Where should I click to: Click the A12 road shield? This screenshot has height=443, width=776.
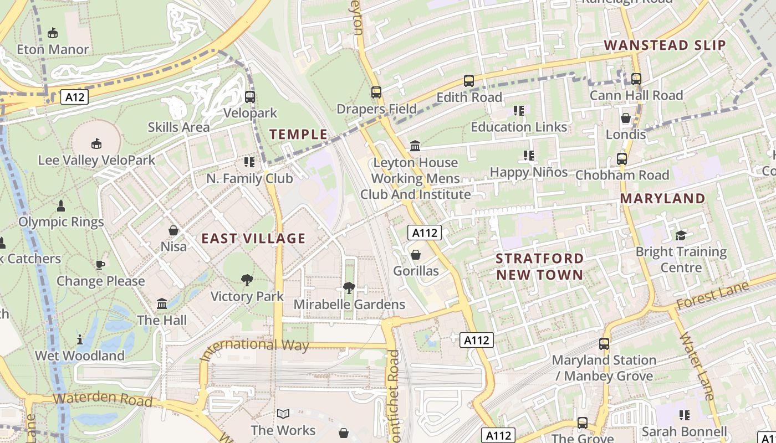pos(74,97)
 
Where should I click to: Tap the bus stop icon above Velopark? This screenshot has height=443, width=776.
pos(250,97)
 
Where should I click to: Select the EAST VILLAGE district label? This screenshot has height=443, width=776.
pos(253,238)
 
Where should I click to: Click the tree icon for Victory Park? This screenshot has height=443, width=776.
pos(247,280)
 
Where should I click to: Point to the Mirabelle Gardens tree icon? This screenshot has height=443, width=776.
pos(349,287)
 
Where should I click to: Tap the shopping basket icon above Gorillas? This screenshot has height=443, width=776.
pos(415,255)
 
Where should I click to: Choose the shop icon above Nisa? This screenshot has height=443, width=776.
pos(173,230)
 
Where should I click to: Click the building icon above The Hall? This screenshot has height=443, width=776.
pos(162,303)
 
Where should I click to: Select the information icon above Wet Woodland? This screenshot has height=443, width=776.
pos(80,339)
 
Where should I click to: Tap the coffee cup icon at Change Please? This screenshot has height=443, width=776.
pos(100,265)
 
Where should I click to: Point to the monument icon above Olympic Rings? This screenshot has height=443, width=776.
pos(61,206)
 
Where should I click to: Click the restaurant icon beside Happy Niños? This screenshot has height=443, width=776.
pos(528,156)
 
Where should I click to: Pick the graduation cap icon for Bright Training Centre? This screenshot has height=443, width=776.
pos(681,235)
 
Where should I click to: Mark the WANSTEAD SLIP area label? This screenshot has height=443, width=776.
pos(665,45)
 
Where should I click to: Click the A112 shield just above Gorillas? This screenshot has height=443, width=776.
pos(425,233)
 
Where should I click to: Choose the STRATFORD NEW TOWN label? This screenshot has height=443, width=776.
pos(539,266)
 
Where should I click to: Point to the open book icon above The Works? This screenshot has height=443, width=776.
pos(283,414)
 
